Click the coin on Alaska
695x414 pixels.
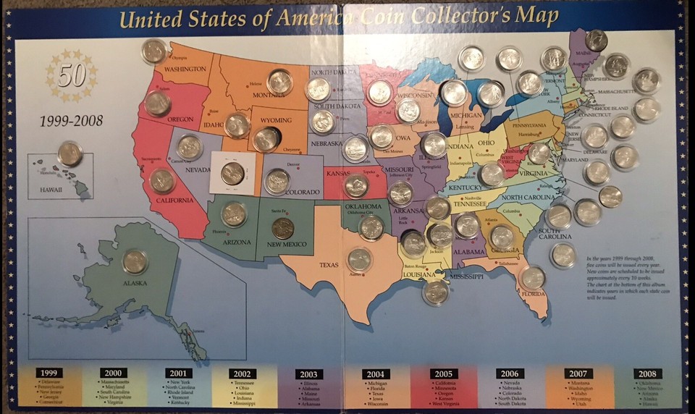(135, 261)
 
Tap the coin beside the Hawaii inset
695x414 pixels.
(70, 153)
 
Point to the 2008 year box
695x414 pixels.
(647, 373)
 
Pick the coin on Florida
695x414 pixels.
(533, 277)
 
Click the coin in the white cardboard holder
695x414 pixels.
(232, 173)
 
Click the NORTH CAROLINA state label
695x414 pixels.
(532, 198)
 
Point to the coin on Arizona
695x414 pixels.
(234, 214)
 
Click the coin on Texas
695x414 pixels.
(359, 259)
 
